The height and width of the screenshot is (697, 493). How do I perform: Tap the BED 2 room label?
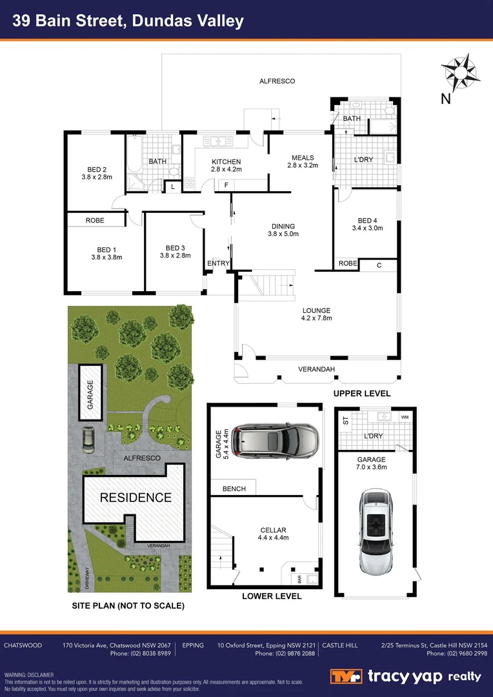pyautogui.click(x=97, y=172)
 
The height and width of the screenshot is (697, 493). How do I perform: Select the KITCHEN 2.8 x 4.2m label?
pyautogui.click(x=226, y=166)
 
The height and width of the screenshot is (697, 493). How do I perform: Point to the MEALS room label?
pyautogui.click(x=303, y=161)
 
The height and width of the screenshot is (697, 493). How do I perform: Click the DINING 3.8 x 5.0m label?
pyautogui.click(x=283, y=230)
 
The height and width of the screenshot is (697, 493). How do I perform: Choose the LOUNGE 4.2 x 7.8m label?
pyautogui.click(x=316, y=314)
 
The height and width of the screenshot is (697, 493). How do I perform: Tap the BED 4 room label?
pyautogui.click(x=367, y=224)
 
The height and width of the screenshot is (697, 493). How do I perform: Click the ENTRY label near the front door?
pyautogui.click(x=217, y=263)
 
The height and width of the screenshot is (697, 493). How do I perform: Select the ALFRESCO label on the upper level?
pyautogui.click(x=277, y=81)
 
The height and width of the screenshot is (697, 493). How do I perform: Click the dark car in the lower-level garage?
pyautogui.click(x=276, y=441)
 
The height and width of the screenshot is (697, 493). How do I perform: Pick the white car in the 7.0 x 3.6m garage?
pyautogui.click(x=374, y=532)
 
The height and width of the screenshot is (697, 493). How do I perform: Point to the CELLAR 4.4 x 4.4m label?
pyautogui.click(x=272, y=534)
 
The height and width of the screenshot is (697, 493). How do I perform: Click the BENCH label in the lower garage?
pyautogui.click(x=234, y=489)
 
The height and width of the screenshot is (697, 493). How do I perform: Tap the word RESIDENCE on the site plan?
pyautogui.click(x=136, y=498)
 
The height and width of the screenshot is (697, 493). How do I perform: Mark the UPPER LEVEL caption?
pyautogui.click(x=361, y=393)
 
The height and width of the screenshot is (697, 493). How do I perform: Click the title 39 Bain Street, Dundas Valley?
pyautogui.click(x=129, y=21)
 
